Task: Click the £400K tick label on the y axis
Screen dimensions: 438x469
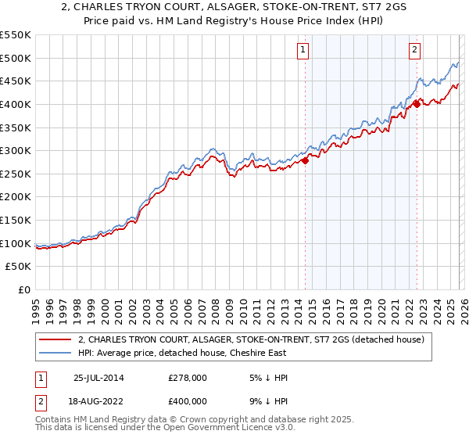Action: click(16, 104)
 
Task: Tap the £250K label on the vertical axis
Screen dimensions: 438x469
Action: click(16, 174)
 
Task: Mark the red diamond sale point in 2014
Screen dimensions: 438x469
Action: click(305, 160)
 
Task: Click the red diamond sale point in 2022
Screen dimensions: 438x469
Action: click(417, 103)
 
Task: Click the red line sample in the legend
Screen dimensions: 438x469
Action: click(55, 339)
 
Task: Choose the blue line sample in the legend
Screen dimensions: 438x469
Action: click(55, 353)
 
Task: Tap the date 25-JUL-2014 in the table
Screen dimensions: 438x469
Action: click(98, 378)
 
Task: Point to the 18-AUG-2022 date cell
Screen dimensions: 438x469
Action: click(98, 400)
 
